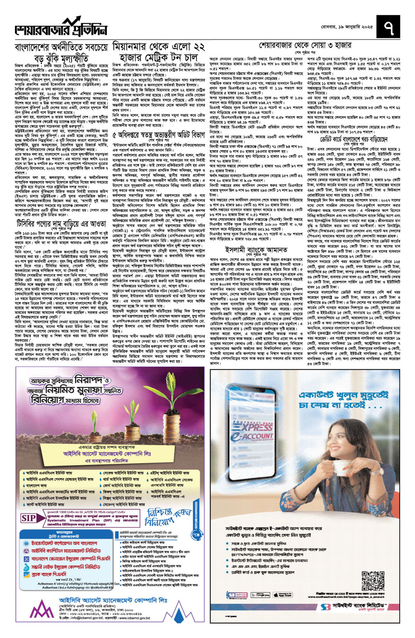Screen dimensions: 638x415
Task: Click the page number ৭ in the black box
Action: (389, 27)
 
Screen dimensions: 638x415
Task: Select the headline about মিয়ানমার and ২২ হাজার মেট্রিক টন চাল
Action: (159, 52)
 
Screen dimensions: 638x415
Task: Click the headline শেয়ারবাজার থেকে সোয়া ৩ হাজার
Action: (305, 45)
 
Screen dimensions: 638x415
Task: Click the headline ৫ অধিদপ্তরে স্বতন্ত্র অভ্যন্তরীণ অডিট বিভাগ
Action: (159, 135)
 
